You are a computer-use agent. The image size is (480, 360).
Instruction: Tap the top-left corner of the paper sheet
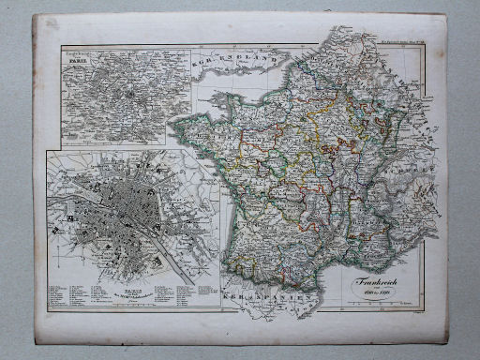pyautogui.click(x=35, y=16)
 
